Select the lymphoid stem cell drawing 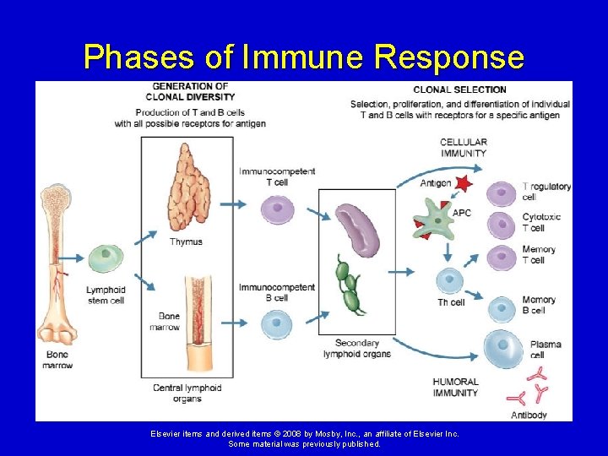coord(106,258)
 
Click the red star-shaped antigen coord(461,182)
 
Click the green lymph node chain coord(348,286)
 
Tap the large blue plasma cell coord(505,350)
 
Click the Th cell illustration coord(449,280)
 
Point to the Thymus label coord(186,242)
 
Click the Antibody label coord(529,415)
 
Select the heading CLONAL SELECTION coord(459,90)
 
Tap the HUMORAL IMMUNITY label coord(455,387)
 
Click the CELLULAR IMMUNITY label coord(463,148)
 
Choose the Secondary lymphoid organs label coord(357,348)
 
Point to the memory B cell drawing coord(502,310)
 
